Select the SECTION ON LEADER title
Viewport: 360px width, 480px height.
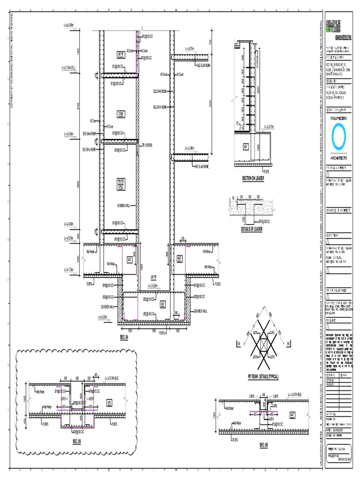[x=253, y=179]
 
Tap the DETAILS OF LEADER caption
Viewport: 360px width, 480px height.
[x=251, y=229]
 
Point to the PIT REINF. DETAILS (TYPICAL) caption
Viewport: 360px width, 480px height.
[x=263, y=376]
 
